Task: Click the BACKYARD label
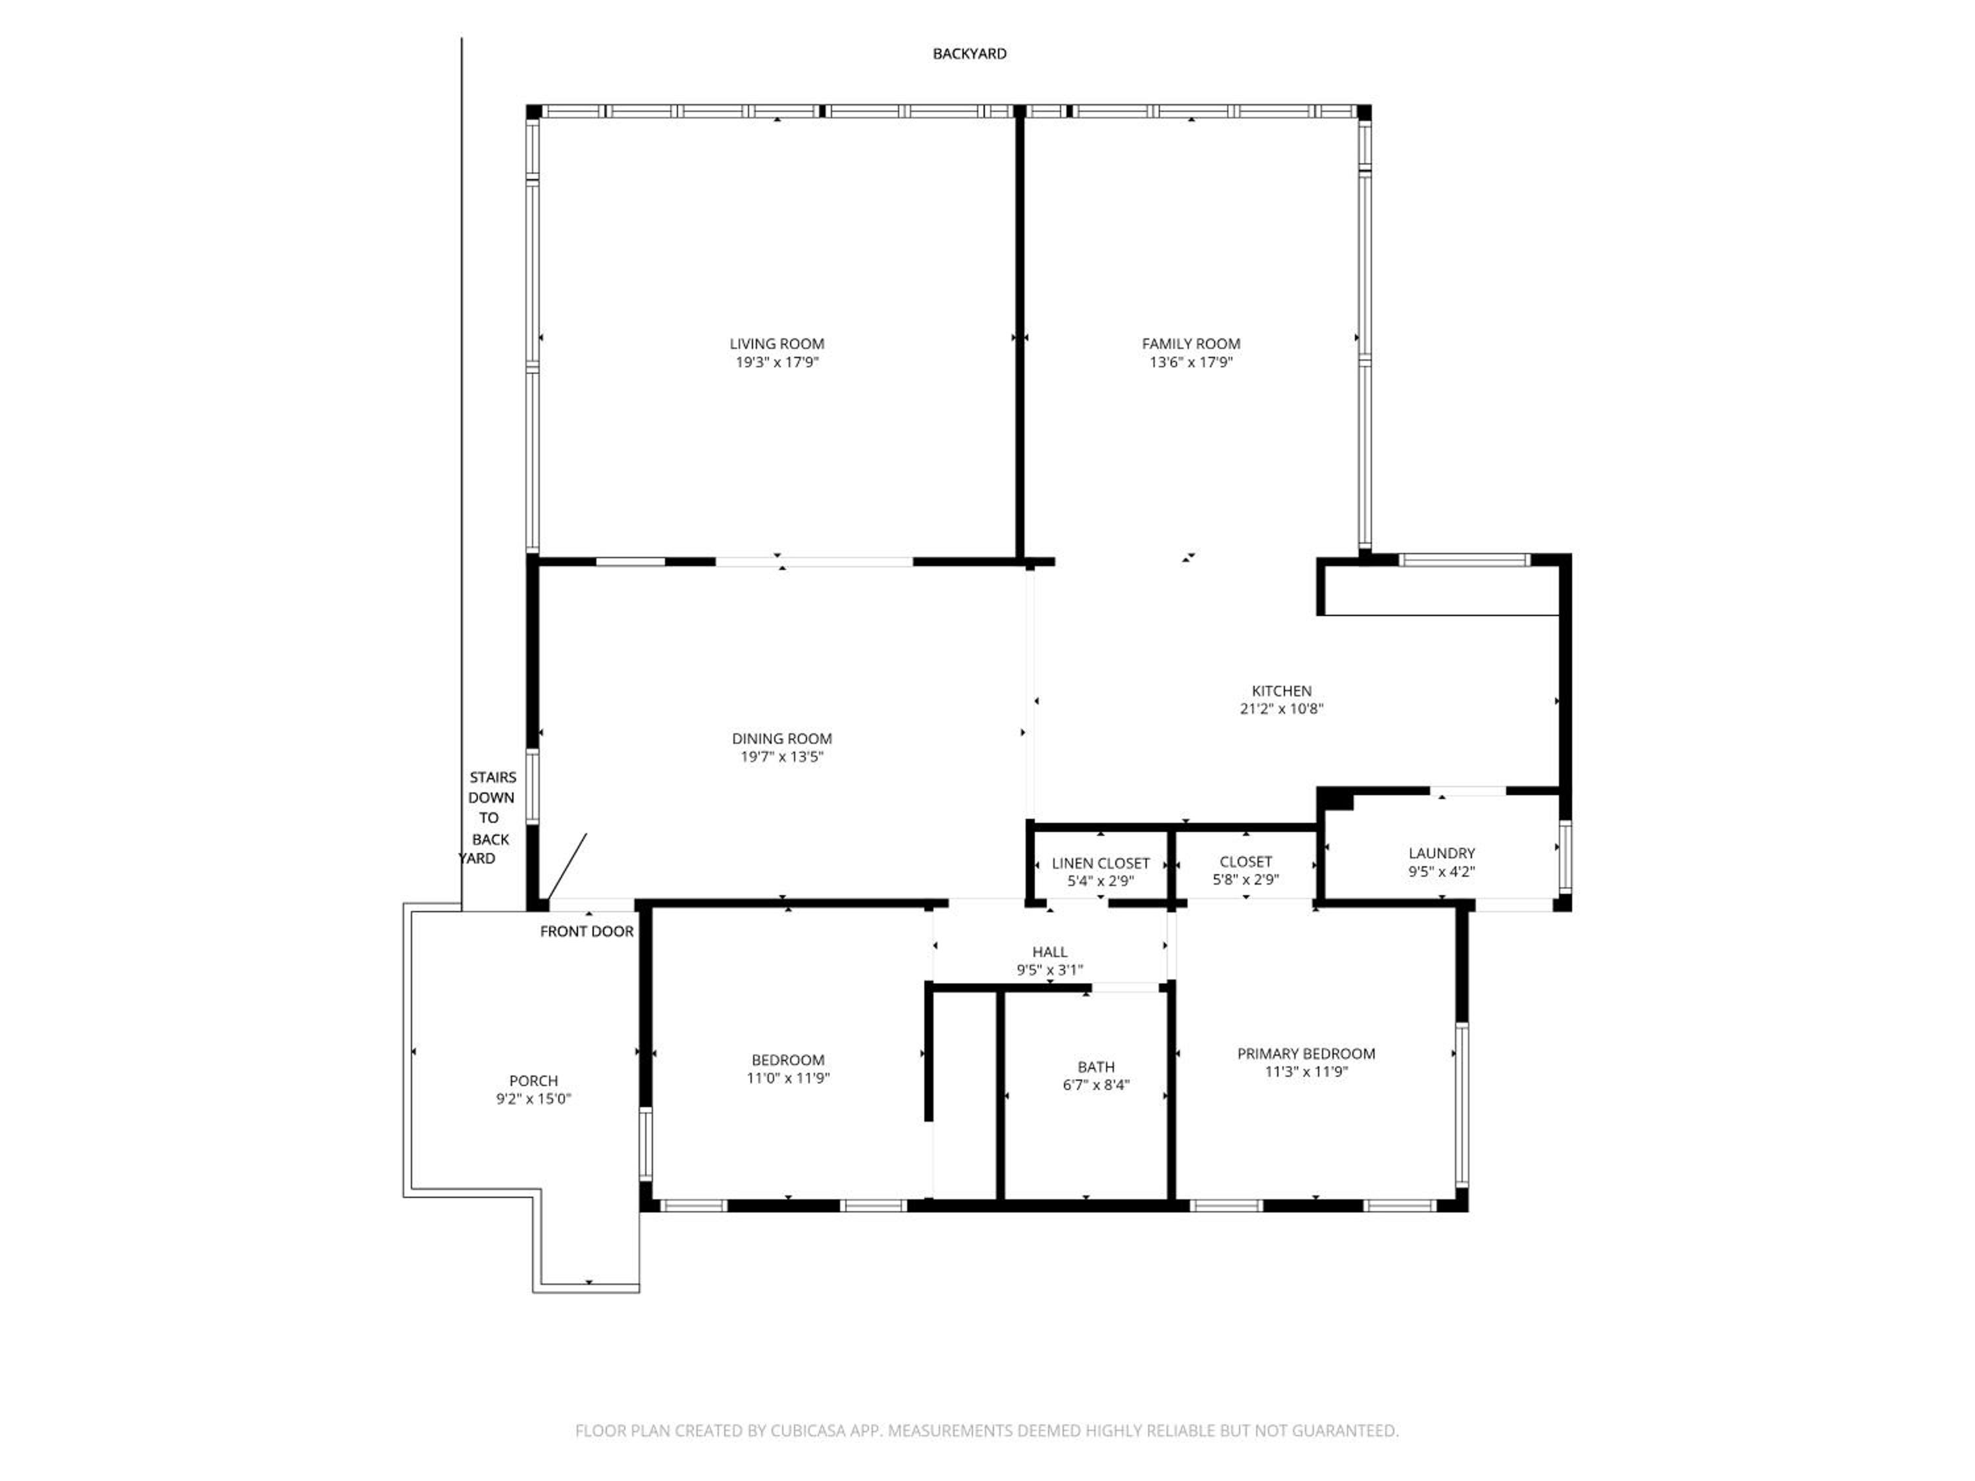tap(970, 53)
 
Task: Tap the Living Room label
tap(777, 344)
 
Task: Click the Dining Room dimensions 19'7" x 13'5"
tap(781, 757)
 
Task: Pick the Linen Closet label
tap(1101, 863)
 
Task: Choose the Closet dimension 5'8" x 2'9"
tap(1246, 879)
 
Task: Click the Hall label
tap(1050, 952)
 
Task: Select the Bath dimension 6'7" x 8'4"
tap(1095, 1085)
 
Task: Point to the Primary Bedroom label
tap(1306, 1053)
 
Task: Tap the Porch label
tap(534, 1081)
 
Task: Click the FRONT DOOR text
tap(587, 932)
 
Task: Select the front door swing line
tap(567, 866)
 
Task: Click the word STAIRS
tap(493, 777)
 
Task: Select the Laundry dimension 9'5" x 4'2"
tap(1442, 872)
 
